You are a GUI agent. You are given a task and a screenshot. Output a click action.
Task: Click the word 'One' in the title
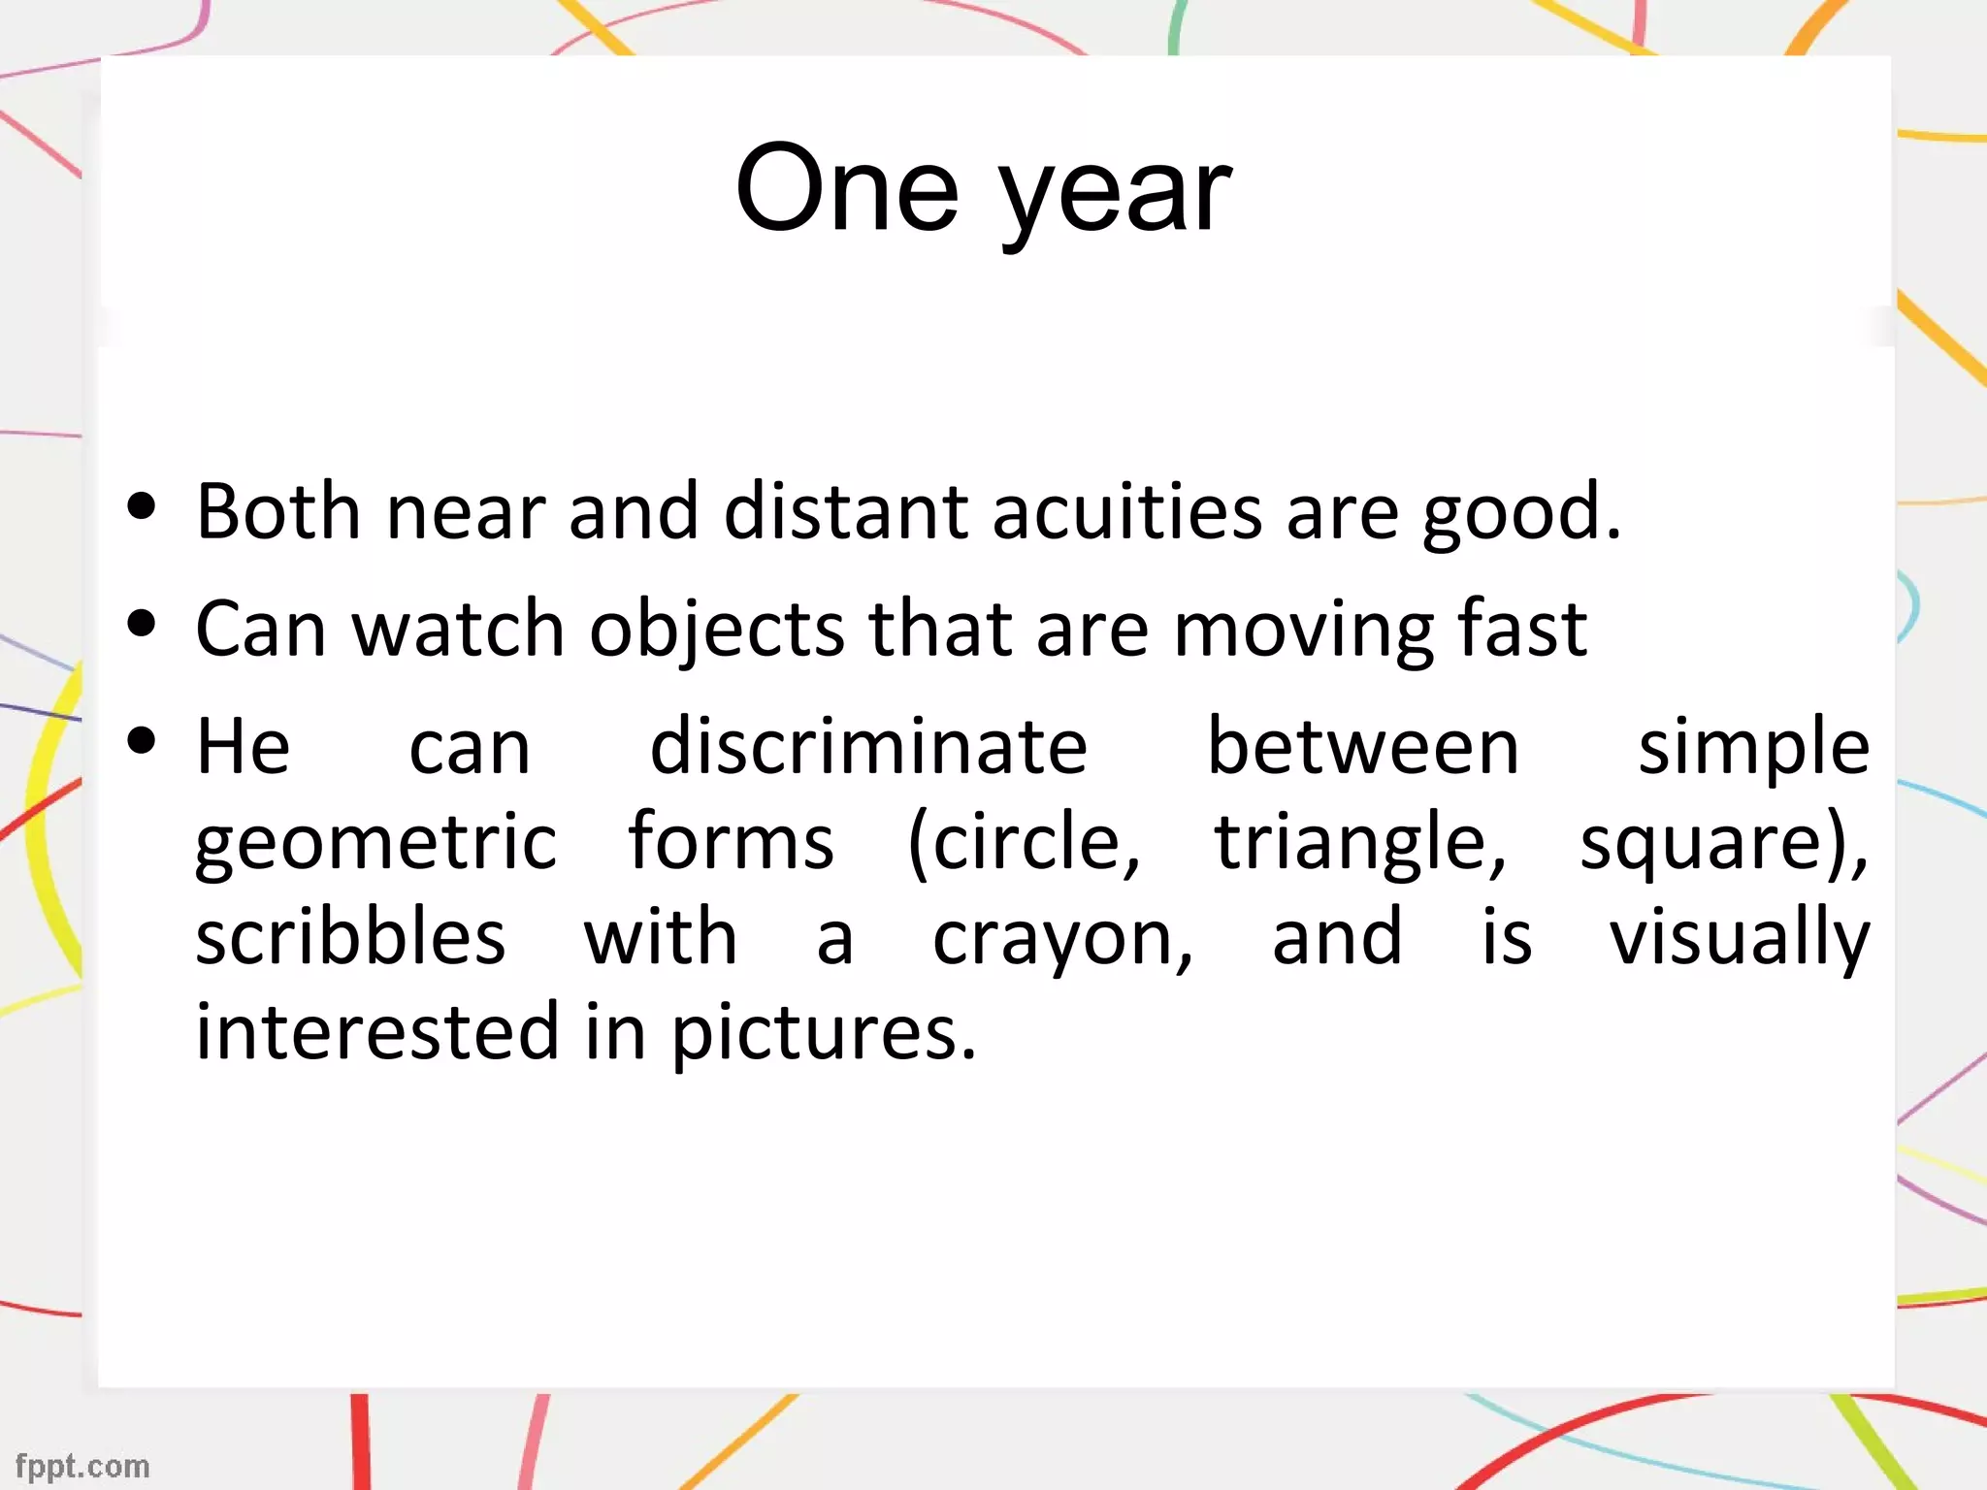847,189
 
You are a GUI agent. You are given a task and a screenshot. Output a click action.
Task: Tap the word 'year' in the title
1116,199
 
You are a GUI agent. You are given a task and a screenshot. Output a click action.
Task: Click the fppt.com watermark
82,1465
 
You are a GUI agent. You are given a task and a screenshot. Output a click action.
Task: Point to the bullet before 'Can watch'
142,624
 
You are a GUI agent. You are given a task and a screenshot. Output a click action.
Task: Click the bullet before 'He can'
142,741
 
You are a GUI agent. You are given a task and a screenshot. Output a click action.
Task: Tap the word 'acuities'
1126,511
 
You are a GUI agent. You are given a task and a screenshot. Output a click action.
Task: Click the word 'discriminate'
868,747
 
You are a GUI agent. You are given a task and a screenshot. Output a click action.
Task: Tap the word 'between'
1362,747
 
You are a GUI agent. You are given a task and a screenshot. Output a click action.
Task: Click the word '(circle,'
1025,842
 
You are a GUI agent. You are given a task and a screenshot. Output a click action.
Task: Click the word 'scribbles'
350,937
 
